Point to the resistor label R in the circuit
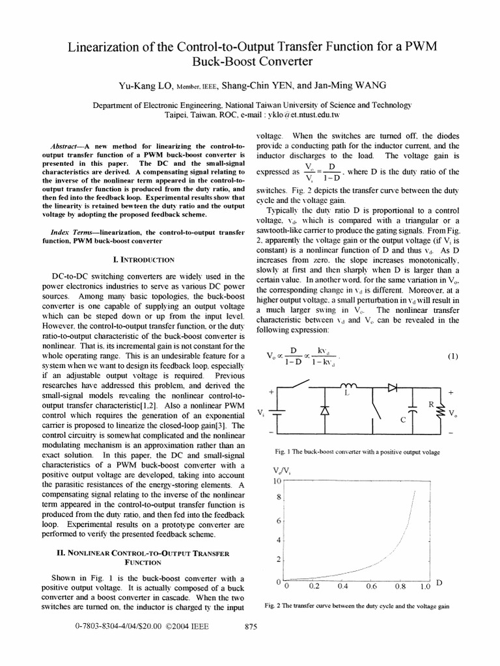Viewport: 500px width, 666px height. coord(430,405)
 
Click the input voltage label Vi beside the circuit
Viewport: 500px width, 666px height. coord(260,413)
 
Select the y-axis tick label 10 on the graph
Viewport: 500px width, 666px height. coord(276,481)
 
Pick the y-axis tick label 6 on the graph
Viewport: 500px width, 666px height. coord(278,521)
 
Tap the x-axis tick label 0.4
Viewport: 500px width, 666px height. coord(343,585)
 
